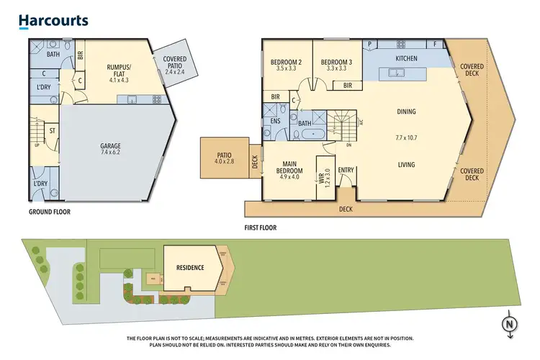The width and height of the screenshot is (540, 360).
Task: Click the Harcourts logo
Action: (x=53, y=21)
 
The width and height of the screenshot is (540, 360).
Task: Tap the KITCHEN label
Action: (x=408, y=58)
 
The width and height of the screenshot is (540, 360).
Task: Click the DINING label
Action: (x=408, y=112)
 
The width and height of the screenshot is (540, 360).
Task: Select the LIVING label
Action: (x=408, y=165)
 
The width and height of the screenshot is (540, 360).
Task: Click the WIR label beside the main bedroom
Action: (x=323, y=176)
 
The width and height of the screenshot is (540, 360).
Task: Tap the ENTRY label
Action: (x=346, y=171)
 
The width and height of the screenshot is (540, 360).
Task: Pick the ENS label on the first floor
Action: (x=276, y=121)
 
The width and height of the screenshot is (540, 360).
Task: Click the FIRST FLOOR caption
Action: (x=260, y=228)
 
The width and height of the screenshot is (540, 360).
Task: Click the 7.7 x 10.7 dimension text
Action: (x=408, y=137)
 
